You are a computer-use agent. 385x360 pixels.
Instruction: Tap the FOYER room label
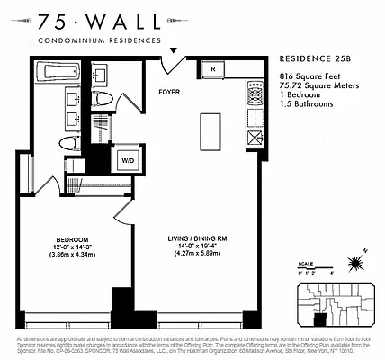coord(169,91)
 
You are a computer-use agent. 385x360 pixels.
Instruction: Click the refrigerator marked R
coord(213,69)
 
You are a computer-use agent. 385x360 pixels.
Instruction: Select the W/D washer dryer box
coord(129,160)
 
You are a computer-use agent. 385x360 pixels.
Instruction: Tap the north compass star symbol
coord(356,262)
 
